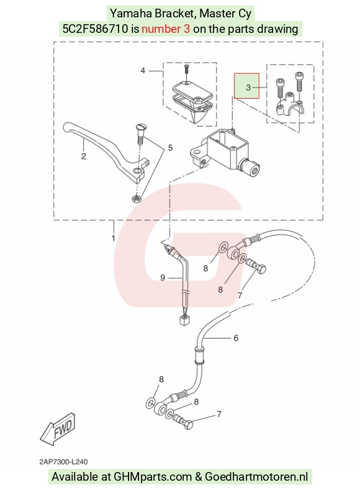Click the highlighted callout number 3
click(248, 87)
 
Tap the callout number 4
click(143, 71)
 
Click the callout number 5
click(170, 148)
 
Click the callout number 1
click(113, 238)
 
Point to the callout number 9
click(163, 277)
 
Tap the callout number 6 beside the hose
click(236, 338)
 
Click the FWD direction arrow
click(58, 429)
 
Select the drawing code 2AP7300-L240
click(63, 461)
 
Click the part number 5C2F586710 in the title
click(96, 29)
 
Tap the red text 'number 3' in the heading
click(166, 29)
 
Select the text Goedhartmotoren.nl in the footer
click(256, 477)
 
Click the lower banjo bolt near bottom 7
click(183, 421)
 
